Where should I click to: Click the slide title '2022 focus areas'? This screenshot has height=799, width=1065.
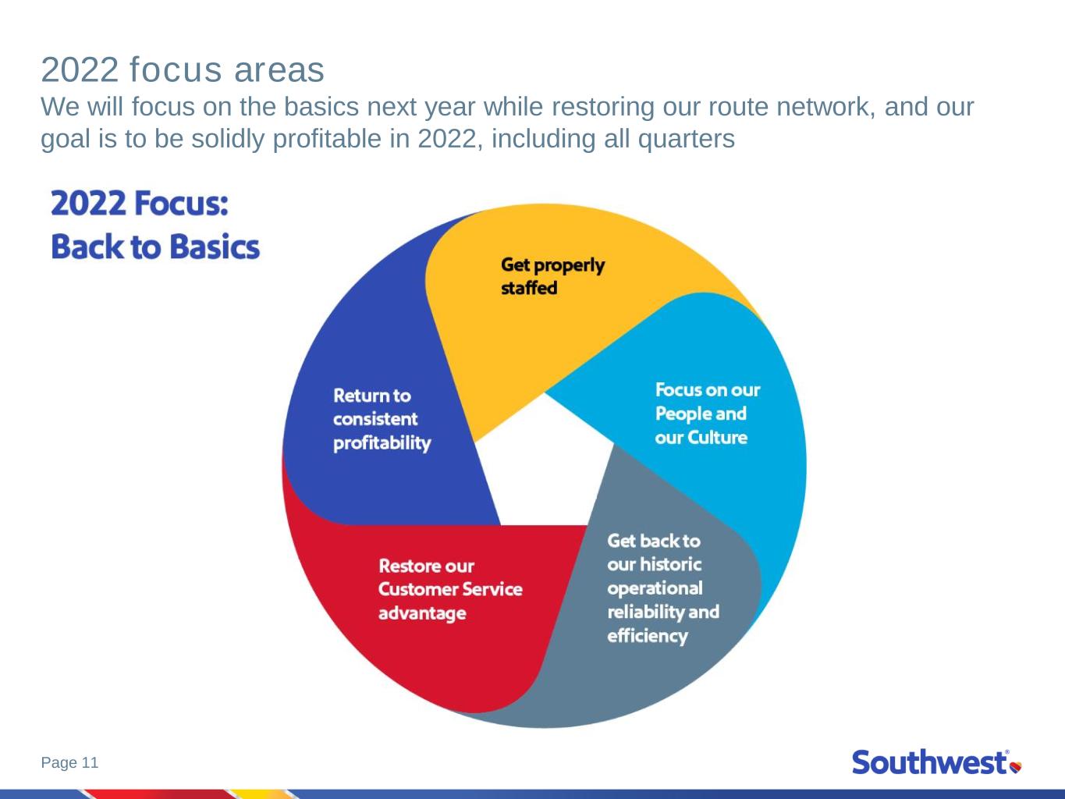pyautogui.click(x=183, y=70)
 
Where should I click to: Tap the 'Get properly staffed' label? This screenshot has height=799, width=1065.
pyautogui.click(x=552, y=276)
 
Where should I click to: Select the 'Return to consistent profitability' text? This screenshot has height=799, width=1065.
pyautogui.click(x=382, y=420)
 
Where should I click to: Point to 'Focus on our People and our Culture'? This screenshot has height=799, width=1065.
pyautogui.click(x=708, y=414)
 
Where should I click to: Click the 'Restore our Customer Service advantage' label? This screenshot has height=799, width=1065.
pyautogui.click(x=450, y=589)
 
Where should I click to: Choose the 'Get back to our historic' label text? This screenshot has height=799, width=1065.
pyautogui.click(x=654, y=552)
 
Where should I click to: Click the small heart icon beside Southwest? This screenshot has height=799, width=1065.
pyautogui.click(x=1016, y=767)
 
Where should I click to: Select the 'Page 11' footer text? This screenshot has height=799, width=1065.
pyautogui.click(x=69, y=762)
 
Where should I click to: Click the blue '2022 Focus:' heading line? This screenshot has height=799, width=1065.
pyautogui.click(x=139, y=203)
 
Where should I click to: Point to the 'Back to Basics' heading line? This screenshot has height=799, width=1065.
pyautogui.click(x=155, y=247)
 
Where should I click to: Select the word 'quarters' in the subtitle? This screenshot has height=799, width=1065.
pyautogui.click(x=686, y=140)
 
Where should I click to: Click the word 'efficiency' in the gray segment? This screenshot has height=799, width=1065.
pyautogui.click(x=648, y=636)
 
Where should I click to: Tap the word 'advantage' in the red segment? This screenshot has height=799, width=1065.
pyautogui.click(x=422, y=613)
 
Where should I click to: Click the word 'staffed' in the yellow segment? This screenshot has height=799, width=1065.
pyautogui.click(x=529, y=288)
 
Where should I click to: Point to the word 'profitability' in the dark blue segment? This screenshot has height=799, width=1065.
pyautogui.click(x=382, y=443)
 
